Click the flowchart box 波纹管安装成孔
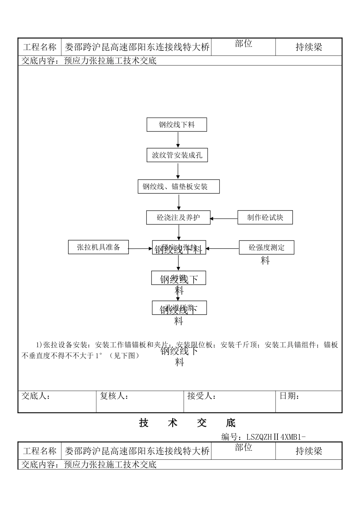click(177, 155)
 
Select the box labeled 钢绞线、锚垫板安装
click(178, 187)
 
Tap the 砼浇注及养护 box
click(178, 218)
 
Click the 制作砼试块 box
click(265, 217)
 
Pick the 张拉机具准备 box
click(98, 247)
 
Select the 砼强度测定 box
click(266, 248)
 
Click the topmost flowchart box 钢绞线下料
click(177, 125)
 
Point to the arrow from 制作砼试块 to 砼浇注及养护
click(224, 219)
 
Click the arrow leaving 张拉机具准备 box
click(140, 249)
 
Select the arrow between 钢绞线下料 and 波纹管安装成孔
click(178, 139)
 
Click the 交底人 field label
click(36, 396)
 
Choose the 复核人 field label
click(114, 396)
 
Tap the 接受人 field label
click(202, 396)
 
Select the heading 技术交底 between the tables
click(187, 423)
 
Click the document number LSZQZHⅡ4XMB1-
click(263, 437)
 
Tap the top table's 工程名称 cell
click(40, 47)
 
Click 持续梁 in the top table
click(308, 47)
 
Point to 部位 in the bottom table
click(243, 447)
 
